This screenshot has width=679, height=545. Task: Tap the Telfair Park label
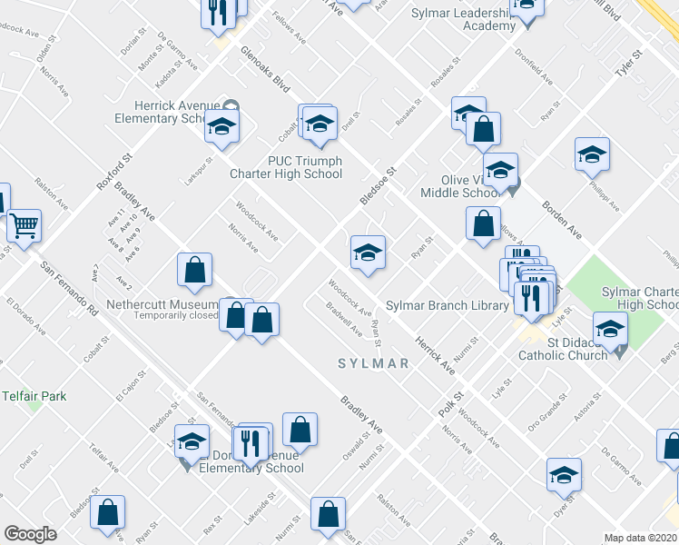[34, 396]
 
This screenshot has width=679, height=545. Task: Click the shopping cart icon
[24, 224]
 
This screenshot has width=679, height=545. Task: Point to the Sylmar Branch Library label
[447, 305]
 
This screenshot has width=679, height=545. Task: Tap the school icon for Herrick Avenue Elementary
[221, 128]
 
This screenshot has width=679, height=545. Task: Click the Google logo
[30, 534]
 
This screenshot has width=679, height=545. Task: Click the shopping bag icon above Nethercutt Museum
[194, 269]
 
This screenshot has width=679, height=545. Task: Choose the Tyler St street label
[628, 66]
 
